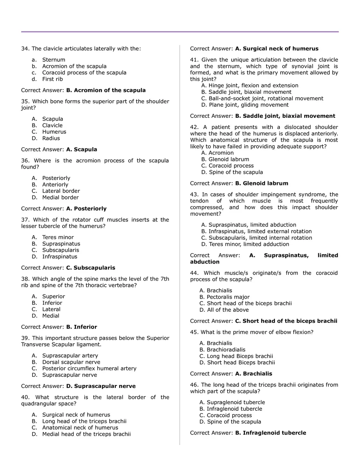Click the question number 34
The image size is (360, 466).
(x=25, y=49)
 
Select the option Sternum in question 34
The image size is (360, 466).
(x=54, y=60)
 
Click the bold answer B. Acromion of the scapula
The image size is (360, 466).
(x=106, y=90)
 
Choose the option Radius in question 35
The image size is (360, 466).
(x=51, y=138)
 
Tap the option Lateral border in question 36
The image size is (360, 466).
(x=61, y=191)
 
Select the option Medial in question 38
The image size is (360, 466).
(x=51, y=316)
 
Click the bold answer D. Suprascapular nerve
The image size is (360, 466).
(x=101, y=386)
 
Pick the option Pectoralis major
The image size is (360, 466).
(x=228, y=297)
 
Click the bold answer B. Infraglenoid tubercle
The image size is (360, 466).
(x=270, y=433)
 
